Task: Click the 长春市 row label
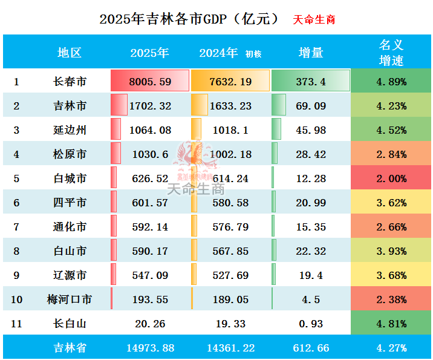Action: [69, 82]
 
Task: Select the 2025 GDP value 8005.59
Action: [150, 82]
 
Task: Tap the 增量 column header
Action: [311, 53]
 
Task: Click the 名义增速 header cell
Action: [391, 53]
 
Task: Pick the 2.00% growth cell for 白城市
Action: [391, 178]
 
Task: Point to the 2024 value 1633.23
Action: [230, 106]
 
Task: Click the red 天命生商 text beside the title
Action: [314, 19]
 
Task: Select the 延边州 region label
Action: [69, 130]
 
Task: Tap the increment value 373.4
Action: [311, 82]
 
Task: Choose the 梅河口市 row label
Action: [69, 299]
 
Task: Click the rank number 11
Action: [16, 324]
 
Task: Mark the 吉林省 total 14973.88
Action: [150, 348]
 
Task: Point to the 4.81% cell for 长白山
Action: [391, 324]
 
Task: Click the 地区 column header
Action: [69, 53]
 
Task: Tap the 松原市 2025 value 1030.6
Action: [150, 154]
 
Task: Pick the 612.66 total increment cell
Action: [311, 348]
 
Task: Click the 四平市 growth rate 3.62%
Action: [391, 203]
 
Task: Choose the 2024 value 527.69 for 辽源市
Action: [230, 275]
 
